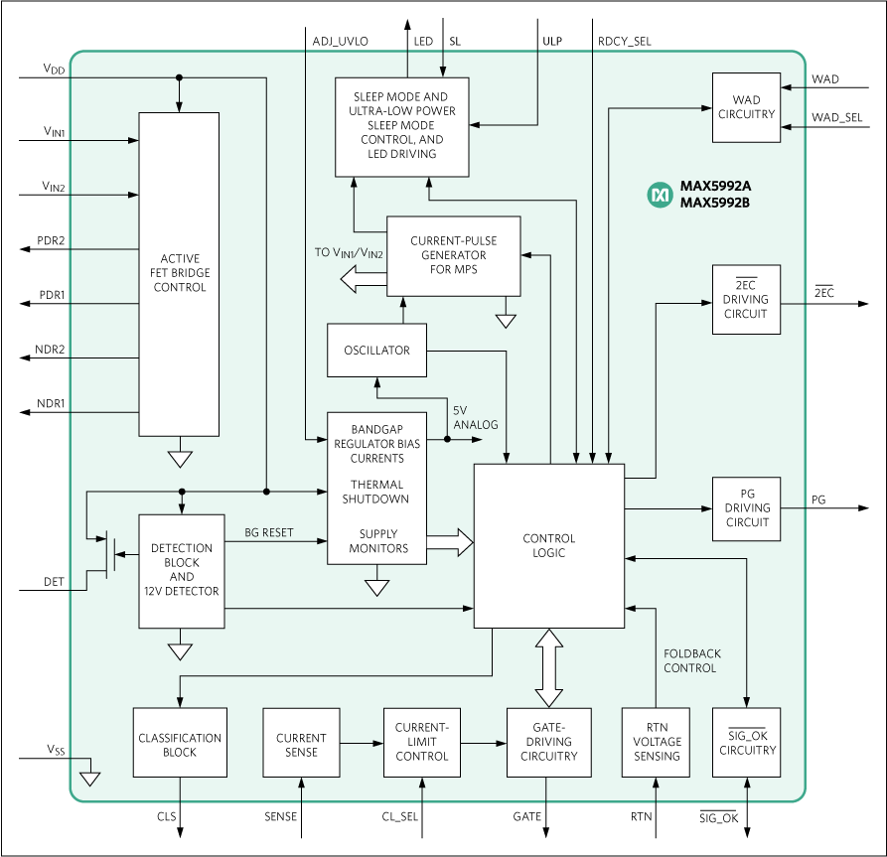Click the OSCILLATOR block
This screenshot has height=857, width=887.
pyautogui.click(x=376, y=350)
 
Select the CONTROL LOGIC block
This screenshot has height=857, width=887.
pyautogui.click(x=548, y=545)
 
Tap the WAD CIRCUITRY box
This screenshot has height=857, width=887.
pyautogui.click(x=746, y=107)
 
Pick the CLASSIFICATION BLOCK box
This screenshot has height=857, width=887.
pyautogui.click(x=180, y=744)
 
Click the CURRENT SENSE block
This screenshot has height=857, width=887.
pyautogui.click(x=301, y=744)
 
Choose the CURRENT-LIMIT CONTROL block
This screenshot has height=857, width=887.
pyautogui.click(x=422, y=742)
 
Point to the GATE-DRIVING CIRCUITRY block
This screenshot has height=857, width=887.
pyautogui.click(x=548, y=742)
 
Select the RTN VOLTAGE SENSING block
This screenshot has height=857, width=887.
pyautogui.click(x=656, y=742)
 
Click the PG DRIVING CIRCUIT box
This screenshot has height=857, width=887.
pyautogui.click(x=746, y=508)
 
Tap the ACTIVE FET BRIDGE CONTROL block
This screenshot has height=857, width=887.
pyautogui.click(x=179, y=273)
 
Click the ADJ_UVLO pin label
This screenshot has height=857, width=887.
pyautogui.click(x=340, y=42)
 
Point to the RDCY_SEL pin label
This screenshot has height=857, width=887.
pyautogui.click(x=624, y=42)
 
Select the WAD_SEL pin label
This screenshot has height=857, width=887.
pyautogui.click(x=837, y=117)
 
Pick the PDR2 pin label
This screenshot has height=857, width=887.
pyautogui.click(x=52, y=241)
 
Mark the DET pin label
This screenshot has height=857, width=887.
pyautogui.click(x=54, y=582)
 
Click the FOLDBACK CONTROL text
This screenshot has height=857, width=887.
pyautogui.click(x=691, y=660)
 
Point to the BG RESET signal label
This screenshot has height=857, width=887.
pyautogui.click(x=269, y=532)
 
